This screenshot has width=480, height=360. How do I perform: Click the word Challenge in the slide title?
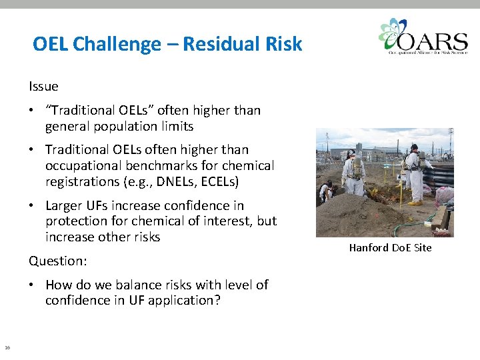pyautogui.click(x=117, y=45)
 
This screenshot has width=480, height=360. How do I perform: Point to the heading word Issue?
pyautogui.click(x=43, y=86)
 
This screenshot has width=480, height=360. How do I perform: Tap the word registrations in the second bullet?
pyautogui.click(x=85, y=181)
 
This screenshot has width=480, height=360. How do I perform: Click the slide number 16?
pyautogui.click(x=7, y=347)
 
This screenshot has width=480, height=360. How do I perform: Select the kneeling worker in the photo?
pyautogui.click(x=327, y=191)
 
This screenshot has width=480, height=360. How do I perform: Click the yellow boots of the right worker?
pyautogui.click(x=415, y=201)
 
